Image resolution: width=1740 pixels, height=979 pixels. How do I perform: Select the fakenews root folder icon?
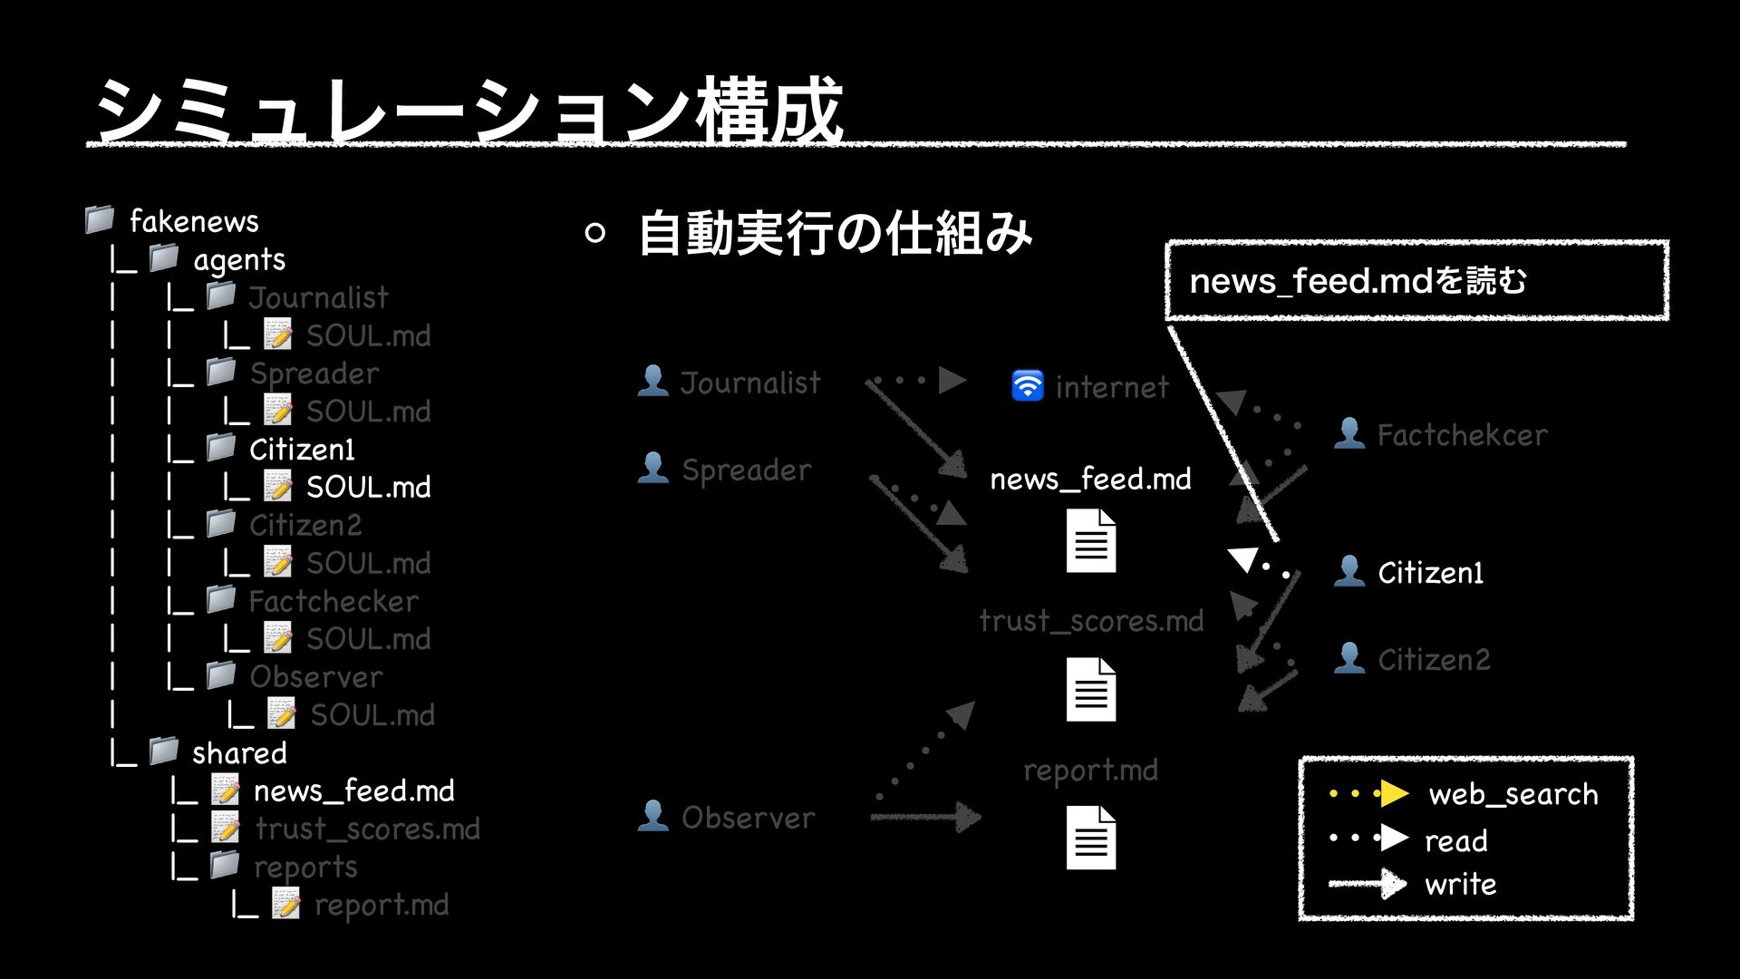99,219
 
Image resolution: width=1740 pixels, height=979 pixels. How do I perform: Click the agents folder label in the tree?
239,260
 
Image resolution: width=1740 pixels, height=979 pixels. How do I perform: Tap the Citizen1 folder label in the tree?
302,450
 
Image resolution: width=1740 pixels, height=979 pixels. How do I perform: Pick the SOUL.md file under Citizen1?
368,488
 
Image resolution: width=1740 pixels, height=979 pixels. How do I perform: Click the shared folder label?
239,753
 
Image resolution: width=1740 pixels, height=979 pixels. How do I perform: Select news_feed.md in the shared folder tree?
353,791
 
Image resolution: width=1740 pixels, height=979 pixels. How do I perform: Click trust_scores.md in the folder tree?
367,829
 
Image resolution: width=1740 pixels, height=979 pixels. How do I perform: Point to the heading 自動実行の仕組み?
835,233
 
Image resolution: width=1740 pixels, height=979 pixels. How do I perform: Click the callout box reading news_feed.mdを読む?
1416,280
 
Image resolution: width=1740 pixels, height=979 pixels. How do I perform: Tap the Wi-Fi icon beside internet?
1027,385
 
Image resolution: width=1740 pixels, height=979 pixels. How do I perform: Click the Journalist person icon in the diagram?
652,381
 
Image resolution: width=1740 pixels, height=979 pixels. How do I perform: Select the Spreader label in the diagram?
746,470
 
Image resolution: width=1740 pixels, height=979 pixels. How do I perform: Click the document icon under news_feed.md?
1091,541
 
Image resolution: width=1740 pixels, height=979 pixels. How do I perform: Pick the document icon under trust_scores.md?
1091,689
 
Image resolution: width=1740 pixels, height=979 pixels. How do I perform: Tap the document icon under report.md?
1091,838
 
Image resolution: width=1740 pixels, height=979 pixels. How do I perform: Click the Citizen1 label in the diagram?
1430,573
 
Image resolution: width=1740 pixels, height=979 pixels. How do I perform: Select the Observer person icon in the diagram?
652,816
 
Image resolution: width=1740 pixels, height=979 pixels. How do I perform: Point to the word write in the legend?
1460,884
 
